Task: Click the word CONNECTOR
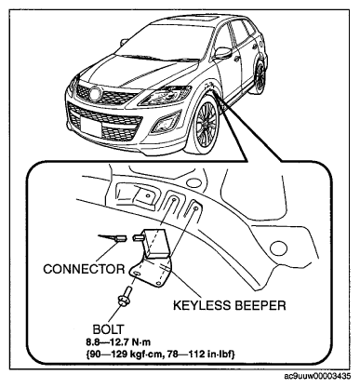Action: coord(84,269)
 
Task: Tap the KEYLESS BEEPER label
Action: coord(229,305)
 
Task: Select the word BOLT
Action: coord(109,329)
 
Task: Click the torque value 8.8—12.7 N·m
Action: coord(118,342)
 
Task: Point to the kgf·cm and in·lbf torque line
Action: coord(161,354)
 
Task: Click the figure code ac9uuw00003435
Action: coord(317,376)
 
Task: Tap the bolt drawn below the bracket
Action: coord(125,295)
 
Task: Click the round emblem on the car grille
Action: coord(95,93)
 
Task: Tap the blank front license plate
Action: coord(91,127)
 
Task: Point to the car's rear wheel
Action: coord(260,76)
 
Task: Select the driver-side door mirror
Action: coord(223,53)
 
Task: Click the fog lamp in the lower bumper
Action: coord(166,123)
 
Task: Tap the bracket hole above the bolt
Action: coord(136,273)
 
